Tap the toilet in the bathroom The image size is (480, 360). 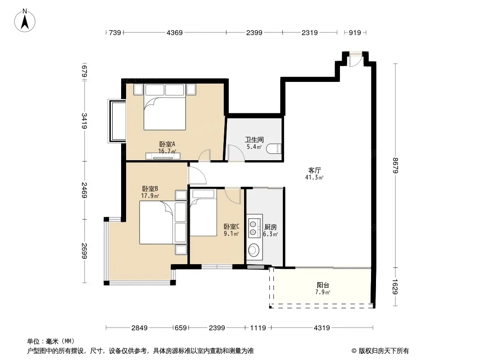[273, 148]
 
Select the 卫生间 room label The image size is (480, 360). [254, 140]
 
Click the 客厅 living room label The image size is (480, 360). [314, 170]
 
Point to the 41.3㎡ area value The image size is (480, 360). [314, 177]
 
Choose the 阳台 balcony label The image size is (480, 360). [323, 285]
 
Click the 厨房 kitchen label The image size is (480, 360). [271, 227]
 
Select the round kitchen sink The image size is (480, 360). [254, 250]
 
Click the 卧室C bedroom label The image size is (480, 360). [231, 226]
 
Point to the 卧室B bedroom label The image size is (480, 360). [150, 189]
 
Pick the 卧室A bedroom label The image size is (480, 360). [167, 144]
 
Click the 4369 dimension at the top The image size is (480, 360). [175, 32]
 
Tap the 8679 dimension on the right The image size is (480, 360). [395, 166]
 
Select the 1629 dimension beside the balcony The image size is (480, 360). [395, 287]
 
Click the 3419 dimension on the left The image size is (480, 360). [85, 121]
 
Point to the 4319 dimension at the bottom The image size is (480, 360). [322, 328]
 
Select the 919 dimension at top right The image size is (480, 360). [355, 32]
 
